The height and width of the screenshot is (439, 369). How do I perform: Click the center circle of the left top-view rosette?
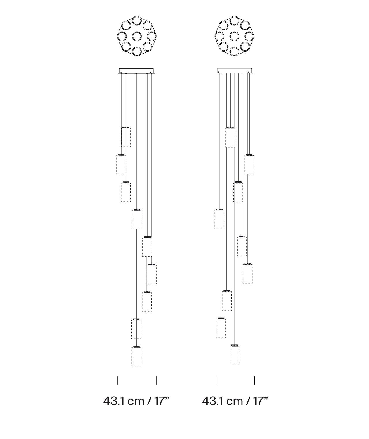[137, 36]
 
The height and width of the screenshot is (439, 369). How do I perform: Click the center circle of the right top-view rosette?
[234, 36]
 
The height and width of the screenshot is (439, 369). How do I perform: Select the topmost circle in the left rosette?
[137, 20]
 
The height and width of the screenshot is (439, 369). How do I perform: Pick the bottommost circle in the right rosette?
[234, 52]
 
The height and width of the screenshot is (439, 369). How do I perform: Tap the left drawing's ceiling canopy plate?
[136, 71]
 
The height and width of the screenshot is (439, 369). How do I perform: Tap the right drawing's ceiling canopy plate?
[234, 71]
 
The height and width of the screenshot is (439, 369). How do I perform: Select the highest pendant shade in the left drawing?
[126, 137]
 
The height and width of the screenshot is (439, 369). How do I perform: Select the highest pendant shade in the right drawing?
[230, 137]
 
